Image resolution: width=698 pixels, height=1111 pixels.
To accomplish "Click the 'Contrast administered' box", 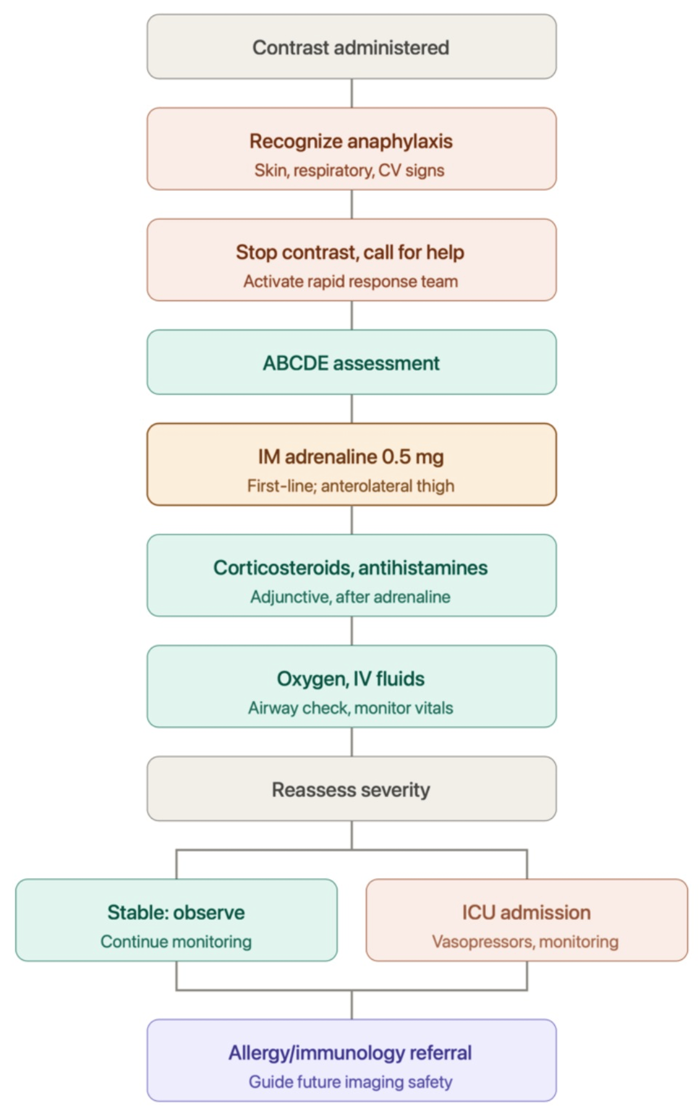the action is tap(352, 47).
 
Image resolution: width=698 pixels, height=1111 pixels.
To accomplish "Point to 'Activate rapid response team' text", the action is tap(351, 282).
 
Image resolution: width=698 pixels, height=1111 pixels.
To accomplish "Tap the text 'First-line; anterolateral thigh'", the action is tap(351, 486).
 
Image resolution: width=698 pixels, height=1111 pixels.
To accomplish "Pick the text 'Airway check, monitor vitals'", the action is tap(351, 708).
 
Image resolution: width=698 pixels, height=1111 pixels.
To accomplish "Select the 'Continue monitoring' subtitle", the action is tap(176, 942).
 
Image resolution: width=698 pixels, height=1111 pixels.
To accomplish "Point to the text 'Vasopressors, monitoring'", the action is tap(525, 942).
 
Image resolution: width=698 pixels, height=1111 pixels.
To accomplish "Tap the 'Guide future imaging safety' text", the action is tap(351, 1082).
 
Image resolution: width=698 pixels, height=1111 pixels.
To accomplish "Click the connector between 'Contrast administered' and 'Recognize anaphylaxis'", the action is tap(352, 93).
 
